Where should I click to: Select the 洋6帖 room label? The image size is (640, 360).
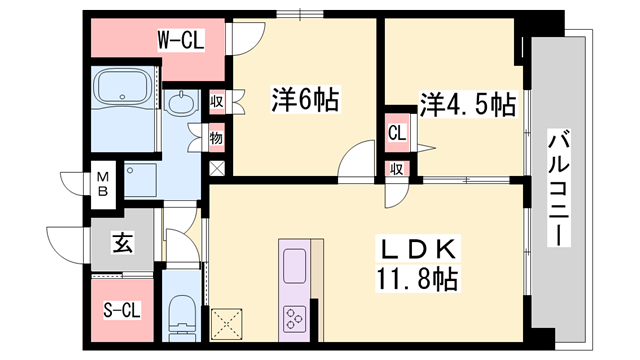tap(305, 100)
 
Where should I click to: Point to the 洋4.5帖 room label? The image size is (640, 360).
tap(468, 105)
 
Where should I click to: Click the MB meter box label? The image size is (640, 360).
tap(103, 185)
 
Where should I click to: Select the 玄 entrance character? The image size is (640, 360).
tap(120, 243)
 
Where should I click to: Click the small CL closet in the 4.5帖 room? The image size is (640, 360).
tap(396, 131)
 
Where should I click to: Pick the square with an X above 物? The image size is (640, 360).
tap(216, 167)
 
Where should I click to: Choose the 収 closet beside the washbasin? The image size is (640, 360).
tap(216, 101)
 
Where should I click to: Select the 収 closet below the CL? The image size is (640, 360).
tap(396, 169)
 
